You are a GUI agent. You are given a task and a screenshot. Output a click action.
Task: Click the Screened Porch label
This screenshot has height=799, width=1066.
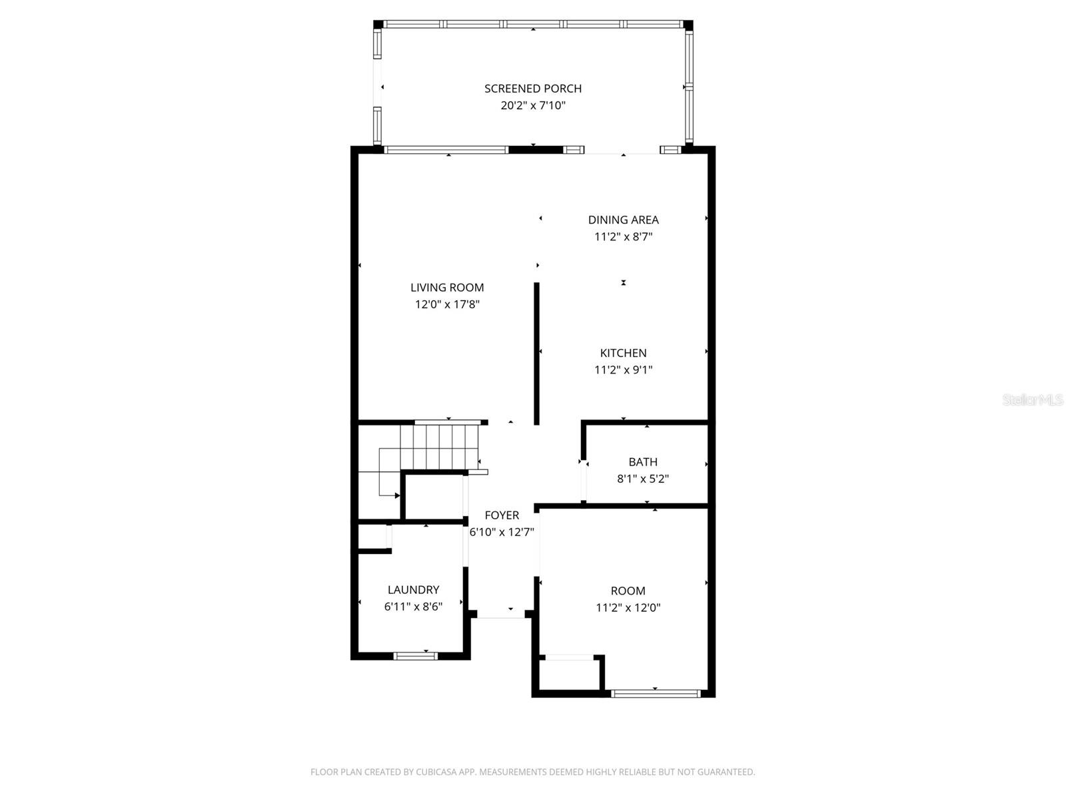(x=532, y=89)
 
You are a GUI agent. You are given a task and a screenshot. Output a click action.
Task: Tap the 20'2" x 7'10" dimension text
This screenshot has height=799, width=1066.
(x=532, y=105)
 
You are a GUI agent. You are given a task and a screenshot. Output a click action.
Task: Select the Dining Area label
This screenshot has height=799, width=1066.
(x=623, y=220)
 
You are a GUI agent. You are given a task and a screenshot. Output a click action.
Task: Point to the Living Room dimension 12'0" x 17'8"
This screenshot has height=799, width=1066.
(x=447, y=304)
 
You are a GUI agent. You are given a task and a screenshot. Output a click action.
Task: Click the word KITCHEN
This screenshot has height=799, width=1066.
(x=623, y=353)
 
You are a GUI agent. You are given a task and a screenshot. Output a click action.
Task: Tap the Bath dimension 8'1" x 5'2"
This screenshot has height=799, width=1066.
(x=643, y=478)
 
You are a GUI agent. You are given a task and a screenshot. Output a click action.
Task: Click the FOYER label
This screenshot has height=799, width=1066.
(x=502, y=515)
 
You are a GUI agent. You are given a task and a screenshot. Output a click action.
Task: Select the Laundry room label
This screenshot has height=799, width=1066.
(x=413, y=589)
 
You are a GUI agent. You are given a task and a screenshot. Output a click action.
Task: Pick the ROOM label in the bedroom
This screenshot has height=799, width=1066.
(x=628, y=591)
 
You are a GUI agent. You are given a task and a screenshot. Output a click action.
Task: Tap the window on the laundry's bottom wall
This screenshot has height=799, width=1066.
(x=415, y=656)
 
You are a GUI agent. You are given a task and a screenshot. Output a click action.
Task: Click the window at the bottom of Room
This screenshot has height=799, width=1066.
(x=656, y=694)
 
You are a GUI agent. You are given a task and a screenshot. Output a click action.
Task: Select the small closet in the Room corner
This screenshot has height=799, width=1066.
(x=570, y=674)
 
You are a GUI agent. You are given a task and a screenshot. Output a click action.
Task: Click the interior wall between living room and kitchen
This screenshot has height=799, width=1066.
(x=536, y=353)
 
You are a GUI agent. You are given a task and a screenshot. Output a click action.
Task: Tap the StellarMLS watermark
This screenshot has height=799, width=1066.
(x=1032, y=400)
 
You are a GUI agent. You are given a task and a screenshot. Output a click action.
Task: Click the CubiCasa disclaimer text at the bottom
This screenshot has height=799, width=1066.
(x=532, y=772)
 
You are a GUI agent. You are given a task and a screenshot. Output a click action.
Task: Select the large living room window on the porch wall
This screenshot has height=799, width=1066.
(x=446, y=150)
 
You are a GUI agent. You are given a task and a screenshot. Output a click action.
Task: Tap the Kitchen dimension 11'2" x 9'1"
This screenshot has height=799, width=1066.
(x=623, y=370)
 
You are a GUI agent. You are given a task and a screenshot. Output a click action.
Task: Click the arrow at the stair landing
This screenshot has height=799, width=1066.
(x=396, y=495)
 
